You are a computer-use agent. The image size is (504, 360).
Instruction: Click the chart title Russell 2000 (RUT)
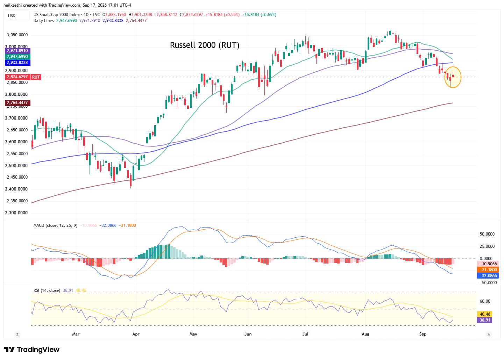coord(205,45)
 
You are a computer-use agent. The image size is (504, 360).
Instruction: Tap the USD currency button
coord(17,15)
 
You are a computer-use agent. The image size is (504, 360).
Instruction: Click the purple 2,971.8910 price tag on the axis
coord(17,51)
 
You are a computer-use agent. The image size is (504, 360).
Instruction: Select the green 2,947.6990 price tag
coord(17,56)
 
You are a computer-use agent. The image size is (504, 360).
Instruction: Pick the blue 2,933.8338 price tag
coord(17,63)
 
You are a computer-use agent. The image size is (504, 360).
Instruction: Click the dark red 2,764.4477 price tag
coord(17,103)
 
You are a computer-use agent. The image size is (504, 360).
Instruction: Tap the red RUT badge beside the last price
coord(36,77)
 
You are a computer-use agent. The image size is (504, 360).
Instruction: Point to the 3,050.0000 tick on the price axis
coord(17,35)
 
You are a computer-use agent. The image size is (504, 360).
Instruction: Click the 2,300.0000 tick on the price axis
coord(16,213)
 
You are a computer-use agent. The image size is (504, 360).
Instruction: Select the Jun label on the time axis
coord(248,334)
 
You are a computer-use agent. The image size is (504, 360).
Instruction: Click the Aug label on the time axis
coord(365,334)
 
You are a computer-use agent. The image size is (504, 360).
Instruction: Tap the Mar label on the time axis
coord(76,334)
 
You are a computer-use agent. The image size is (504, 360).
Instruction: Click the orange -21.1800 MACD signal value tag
coord(488,269)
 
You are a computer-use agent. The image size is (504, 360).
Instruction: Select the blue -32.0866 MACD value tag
coord(488,276)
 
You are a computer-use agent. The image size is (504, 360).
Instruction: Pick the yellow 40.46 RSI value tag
coord(484,314)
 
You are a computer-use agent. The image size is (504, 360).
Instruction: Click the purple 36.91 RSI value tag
coord(484,320)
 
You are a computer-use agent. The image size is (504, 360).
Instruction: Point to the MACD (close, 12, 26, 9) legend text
coord(55,225)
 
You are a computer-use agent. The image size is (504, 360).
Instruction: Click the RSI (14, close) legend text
coord(47,290)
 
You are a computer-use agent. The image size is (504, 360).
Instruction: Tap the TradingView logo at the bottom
coord(32,350)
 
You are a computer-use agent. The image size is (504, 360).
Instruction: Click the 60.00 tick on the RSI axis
coord(485,301)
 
